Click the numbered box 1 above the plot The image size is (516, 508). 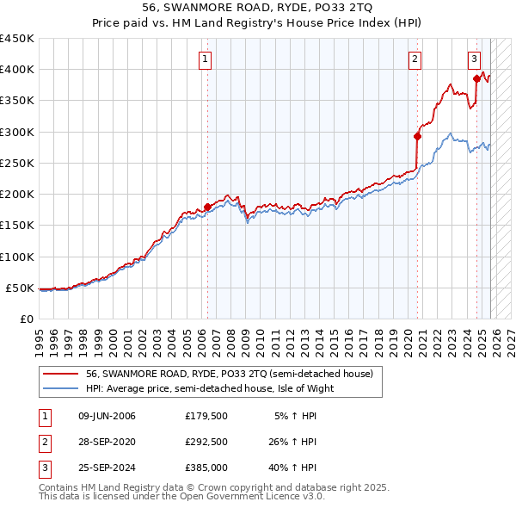click(206, 59)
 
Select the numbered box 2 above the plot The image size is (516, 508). click(415, 59)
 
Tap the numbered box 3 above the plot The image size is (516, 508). click(474, 59)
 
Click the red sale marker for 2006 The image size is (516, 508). click(207, 207)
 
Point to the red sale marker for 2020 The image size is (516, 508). click(417, 136)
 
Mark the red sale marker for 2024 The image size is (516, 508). click(476, 78)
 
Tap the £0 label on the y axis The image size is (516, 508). click(27, 319)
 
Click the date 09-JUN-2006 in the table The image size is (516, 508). click(107, 416)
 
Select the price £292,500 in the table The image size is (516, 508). click(206, 442)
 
